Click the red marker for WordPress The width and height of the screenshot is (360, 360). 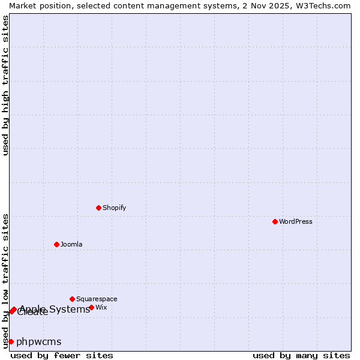(275, 221)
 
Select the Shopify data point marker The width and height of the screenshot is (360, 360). (98, 208)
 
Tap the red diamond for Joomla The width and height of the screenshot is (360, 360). (56, 244)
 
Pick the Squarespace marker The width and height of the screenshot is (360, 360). (72, 299)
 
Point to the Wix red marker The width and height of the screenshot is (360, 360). (91, 307)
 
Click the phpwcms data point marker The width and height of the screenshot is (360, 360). (11, 341)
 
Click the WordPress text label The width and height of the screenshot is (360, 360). (296, 221)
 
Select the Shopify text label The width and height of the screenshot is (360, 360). (114, 208)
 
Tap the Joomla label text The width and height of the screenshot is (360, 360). (71, 244)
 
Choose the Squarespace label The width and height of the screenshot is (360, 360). (97, 299)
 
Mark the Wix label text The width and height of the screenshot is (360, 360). (101, 307)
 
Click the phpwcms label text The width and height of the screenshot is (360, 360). (38, 341)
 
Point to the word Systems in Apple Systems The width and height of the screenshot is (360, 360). (70, 309)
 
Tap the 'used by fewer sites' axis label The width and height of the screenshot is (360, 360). (62, 355)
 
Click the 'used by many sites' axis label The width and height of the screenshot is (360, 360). (301, 355)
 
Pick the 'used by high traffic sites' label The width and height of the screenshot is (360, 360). (5, 85)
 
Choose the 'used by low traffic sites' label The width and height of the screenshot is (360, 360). (5, 280)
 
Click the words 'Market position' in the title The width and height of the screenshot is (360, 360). (35, 5)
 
